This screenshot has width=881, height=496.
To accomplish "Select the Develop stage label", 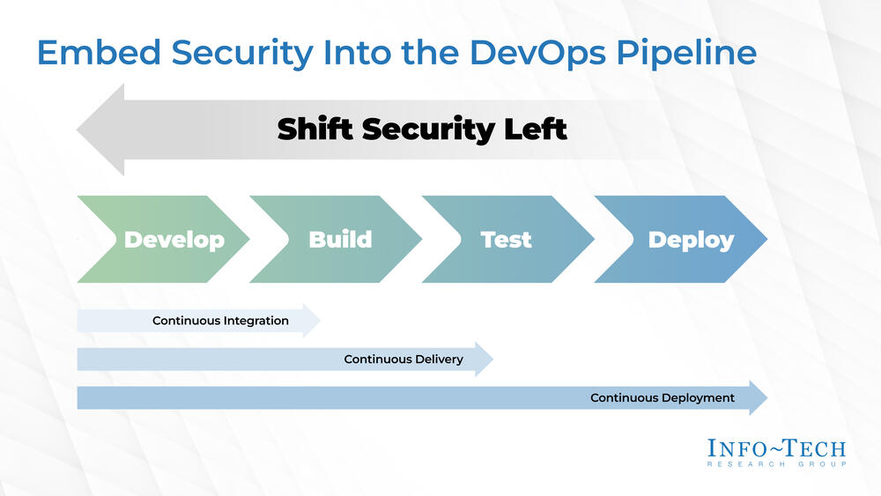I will pyautogui.click(x=174, y=240).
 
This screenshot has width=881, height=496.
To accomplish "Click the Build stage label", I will pyautogui.click(x=340, y=240).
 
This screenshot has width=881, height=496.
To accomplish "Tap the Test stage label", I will pyautogui.click(x=506, y=240).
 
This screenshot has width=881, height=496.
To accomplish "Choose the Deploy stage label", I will pyautogui.click(x=691, y=240).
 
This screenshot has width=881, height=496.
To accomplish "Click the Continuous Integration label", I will pyautogui.click(x=220, y=321).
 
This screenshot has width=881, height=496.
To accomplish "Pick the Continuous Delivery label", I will pyautogui.click(x=403, y=359).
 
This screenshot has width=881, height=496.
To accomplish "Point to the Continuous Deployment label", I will pyautogui.click(x=662, y=398).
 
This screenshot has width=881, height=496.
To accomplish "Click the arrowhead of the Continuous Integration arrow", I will pyautogui.click(x=312, y=321).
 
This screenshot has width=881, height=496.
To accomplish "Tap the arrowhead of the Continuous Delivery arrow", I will pyautogui.click(x=485, y=359).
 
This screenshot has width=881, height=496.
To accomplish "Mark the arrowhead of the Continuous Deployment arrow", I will pyautogui.click(x=759, y=398).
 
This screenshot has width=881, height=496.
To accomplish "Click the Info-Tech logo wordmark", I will pyautogui.click(x=776, y=448).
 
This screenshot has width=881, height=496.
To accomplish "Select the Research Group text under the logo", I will pyautogui.click(x=776, y=464).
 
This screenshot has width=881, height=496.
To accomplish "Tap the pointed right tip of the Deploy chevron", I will pyautogui.click(x=765, y=240).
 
